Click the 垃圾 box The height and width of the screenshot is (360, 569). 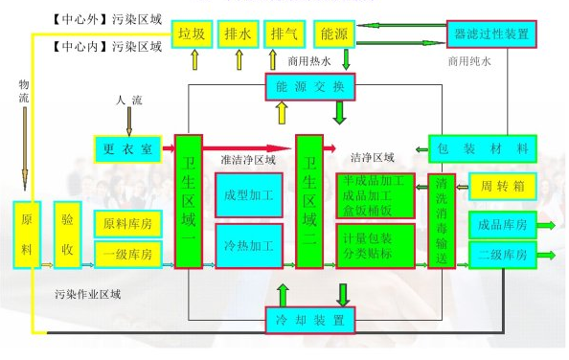point(191,34)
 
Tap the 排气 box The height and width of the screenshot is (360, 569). point(284,34)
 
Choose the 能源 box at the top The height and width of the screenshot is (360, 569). point(334,34)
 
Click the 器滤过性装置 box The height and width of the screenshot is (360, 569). point(490,34)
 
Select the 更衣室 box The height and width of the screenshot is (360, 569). point(129,148)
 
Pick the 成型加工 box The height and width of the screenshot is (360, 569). point(249,194)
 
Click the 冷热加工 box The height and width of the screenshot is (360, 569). point(249,246)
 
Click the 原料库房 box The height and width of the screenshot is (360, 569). point(129,226)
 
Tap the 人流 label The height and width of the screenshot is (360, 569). point(130,99)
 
